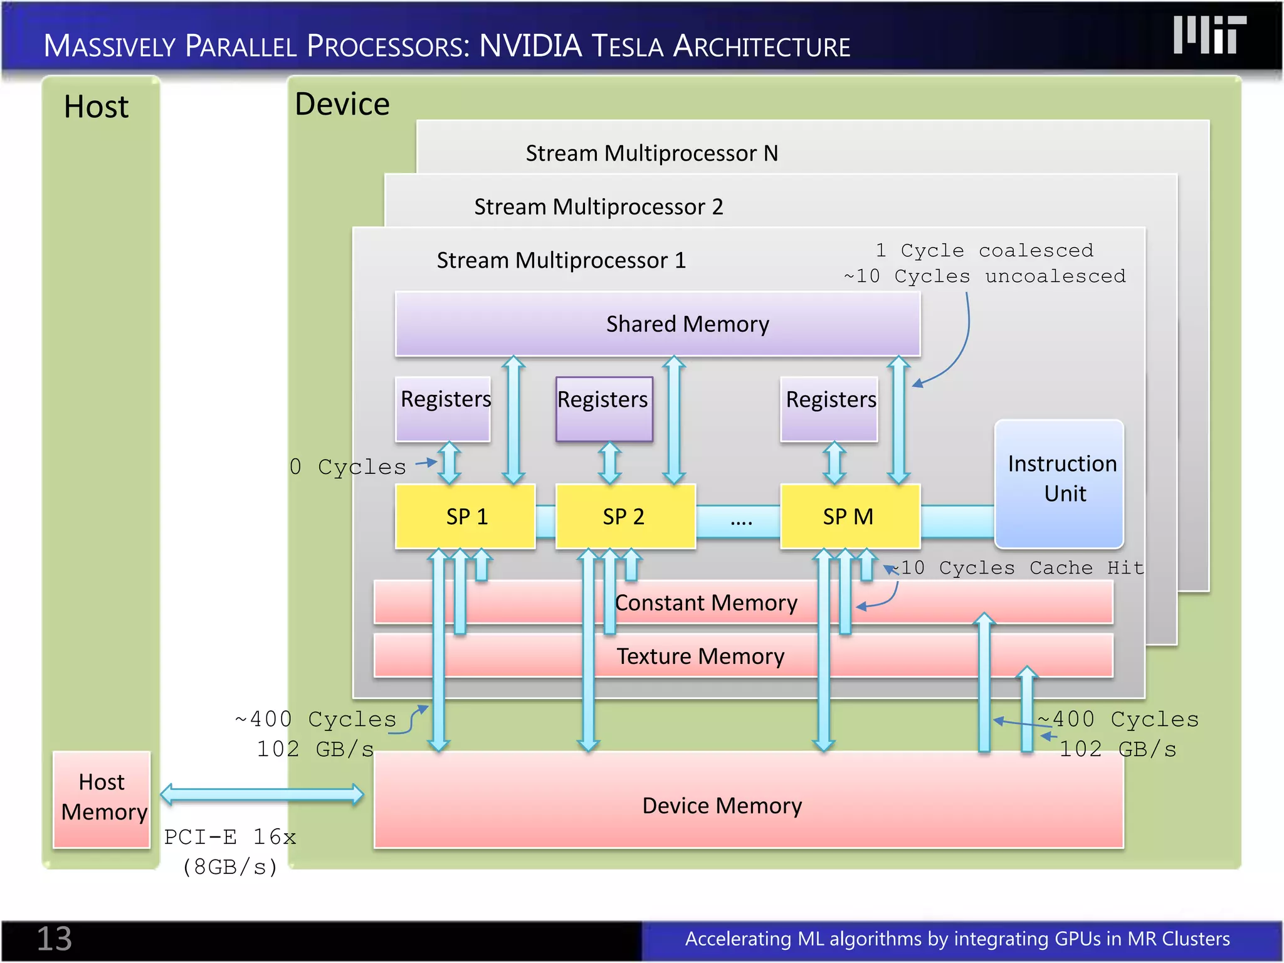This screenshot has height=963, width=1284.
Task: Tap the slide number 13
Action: pos(55,939)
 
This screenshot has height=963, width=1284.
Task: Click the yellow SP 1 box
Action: pos(465,517)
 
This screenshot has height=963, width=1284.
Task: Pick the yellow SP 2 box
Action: pos(624,517)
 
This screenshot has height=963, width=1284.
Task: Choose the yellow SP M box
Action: pos(849,517)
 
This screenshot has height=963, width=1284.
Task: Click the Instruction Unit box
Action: pos(1059,483)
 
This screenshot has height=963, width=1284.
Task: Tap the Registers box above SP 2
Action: pos(603,408)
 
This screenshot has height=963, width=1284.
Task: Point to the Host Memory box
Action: pos(102,799)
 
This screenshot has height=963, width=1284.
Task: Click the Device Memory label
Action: pos(722,806)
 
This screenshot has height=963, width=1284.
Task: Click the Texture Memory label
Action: pos(700,656)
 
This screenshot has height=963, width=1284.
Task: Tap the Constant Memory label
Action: pos(706,603)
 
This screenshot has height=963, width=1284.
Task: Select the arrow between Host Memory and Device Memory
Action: pos(262,794)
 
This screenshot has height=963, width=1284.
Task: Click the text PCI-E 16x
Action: pos(230,837)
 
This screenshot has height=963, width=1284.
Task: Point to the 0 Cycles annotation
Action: pos(348,467)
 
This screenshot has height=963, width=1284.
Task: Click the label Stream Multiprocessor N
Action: pos(651,154)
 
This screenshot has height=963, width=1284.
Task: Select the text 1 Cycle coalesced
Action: pos(984,250)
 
